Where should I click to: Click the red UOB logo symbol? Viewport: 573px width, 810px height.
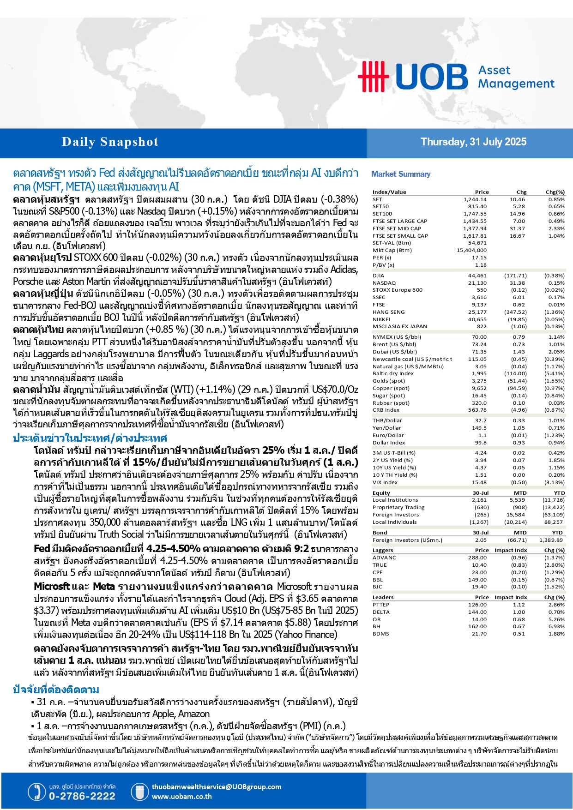click(x=374, y=76)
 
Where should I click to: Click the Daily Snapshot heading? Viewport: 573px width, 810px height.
click(x=110, y=142)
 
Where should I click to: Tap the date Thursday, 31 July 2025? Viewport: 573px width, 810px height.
click(x=473, y=142)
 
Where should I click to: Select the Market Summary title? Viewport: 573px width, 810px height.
click(x=401, y=174)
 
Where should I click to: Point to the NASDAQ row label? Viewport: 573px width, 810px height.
click(x=384, y=283)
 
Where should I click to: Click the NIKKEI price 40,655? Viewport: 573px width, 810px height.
click(x=477, y=319)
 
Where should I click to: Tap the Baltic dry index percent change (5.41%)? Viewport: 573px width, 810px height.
click(x=554, y=373)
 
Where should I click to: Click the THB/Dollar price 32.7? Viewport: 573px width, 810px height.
click(x=481, y=420)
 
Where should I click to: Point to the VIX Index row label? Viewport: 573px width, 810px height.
click(x=385, y=482)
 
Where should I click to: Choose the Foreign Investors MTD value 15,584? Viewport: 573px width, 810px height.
click(x=516, y=515)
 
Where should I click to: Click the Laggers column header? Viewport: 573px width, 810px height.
click(x=383, y=550)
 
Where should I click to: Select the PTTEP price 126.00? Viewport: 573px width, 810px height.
click(x=477, y=605)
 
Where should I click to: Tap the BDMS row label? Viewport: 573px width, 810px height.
click(x=381, y=634)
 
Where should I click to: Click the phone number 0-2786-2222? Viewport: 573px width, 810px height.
click(x=82, y=796)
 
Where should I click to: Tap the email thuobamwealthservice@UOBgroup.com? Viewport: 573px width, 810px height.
click(x=217, y=787)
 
